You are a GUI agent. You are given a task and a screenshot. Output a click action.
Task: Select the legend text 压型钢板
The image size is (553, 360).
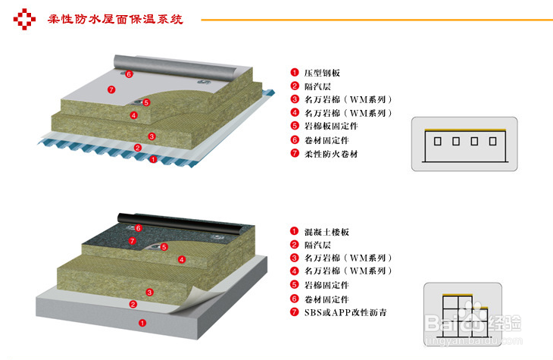[322, 72]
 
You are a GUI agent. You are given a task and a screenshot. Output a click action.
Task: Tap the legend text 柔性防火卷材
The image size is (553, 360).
[330, 154]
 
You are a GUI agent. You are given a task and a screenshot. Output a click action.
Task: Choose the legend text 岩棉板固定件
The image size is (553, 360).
[330, 127]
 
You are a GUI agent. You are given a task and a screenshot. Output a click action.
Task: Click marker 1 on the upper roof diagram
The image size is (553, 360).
[153, 159]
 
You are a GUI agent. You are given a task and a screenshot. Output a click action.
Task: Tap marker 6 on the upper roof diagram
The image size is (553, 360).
[129, 74]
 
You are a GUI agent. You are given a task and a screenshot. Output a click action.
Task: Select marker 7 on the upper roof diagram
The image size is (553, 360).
[111, 89]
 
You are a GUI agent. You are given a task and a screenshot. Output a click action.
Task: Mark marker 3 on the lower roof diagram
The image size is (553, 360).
[150, 292]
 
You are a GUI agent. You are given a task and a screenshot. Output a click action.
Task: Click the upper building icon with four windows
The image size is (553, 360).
[459, 143]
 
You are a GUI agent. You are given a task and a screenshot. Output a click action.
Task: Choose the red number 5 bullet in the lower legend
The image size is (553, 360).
[295, 285]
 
